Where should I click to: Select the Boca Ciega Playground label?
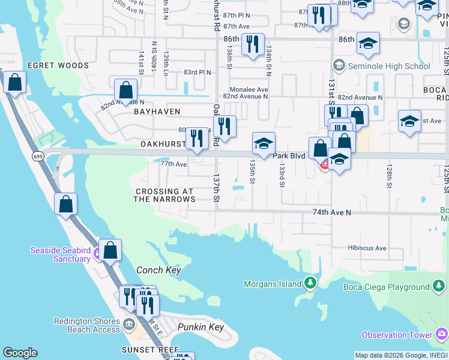pos(386,287)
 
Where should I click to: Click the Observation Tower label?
pos(397,335)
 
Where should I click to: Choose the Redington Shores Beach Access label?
pos(87,325)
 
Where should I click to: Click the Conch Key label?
pos(158,271)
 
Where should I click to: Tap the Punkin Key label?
pos(200,327)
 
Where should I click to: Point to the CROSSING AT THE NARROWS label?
pos(164,196)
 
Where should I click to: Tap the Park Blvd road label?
pos(289,156)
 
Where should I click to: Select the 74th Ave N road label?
pos(331,212)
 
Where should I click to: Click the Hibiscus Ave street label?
pos(367,248)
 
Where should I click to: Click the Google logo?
pos(20,353)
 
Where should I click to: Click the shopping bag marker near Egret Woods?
pos(14,82)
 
